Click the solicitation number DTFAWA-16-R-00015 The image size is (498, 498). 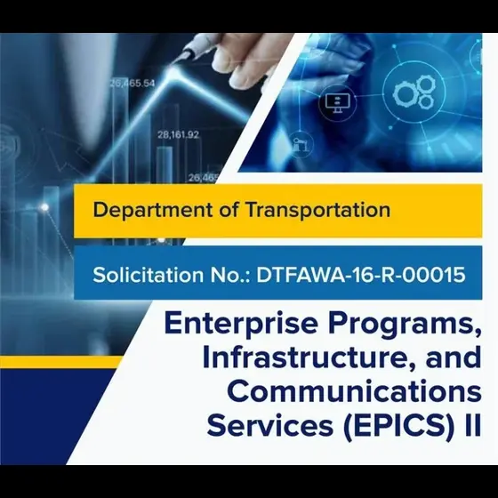coord(360,275)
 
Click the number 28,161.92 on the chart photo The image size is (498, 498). coord(179,135)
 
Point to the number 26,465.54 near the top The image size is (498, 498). coord(133,83)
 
